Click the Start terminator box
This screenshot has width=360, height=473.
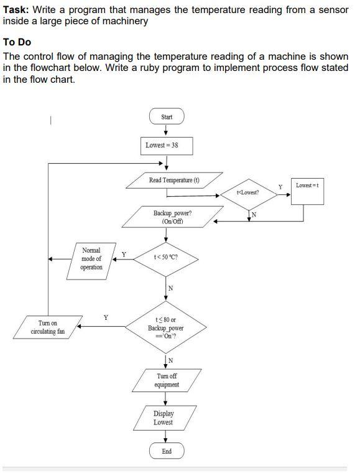(x=167, y=117)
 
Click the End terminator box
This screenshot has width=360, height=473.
(x=167, y=451)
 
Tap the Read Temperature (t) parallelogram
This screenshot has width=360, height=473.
(x=174, y=180)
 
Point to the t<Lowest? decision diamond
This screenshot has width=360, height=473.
(x=249, y=192)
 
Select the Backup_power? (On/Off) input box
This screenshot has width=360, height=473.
(x=172, y=217)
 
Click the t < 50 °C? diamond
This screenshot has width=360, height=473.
(x=167, y=256)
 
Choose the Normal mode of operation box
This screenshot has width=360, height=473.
(x=91, y=258)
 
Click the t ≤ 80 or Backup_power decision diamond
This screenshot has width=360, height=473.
(x=166, y=327)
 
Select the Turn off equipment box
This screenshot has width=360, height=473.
(x=167, y=380)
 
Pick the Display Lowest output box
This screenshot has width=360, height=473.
(x=164, y=418)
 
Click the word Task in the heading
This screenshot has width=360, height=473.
(x=16, y=9)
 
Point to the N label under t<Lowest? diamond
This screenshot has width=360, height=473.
(x=254, y=215)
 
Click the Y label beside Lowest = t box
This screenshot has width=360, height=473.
(x=280, y=186)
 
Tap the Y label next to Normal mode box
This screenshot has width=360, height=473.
(x=123, y=254)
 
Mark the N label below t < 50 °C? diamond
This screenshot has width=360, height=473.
(x=171, y=288)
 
